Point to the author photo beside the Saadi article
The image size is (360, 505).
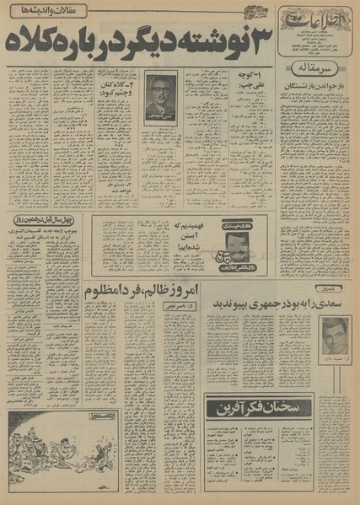[x=335, y=336]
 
